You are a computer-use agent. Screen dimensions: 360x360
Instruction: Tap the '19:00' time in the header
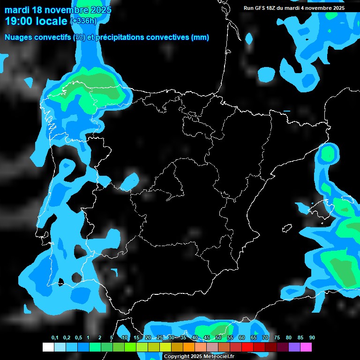click(19, 21)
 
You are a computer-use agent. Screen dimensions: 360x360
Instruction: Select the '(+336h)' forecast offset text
click(83, 21)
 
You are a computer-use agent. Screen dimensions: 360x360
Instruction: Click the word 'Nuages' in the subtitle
click(18, 37)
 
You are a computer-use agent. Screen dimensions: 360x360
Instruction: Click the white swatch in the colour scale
click(48, 347)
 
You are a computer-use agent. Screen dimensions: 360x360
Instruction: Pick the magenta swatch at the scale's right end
click(306, 347)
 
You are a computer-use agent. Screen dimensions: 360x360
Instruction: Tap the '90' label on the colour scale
click(312, 338)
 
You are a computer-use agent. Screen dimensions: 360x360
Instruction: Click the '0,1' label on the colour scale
click(55, 338)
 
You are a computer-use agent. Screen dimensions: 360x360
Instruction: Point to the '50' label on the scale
click(218, 338)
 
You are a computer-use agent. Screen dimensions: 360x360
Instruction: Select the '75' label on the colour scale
click(277, 338)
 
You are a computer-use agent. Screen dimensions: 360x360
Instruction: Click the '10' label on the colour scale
click(124, 338)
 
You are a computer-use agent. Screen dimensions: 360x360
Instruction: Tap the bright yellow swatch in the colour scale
click(165, 347)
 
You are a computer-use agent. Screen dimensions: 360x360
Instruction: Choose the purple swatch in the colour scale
click(294, 347)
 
